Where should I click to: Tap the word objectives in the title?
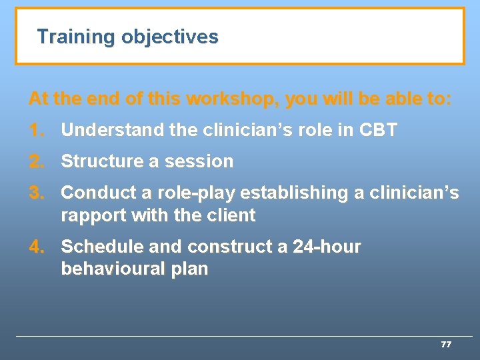[169, 37]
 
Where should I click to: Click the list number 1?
[37, 130]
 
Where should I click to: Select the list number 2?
[37, 161]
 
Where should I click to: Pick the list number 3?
[37, 193]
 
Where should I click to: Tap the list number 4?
[37, 247]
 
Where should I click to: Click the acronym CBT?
[377, 130]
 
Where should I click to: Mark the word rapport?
[89, 216]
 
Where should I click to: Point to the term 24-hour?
[327, 247]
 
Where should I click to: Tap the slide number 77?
[446, 345]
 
